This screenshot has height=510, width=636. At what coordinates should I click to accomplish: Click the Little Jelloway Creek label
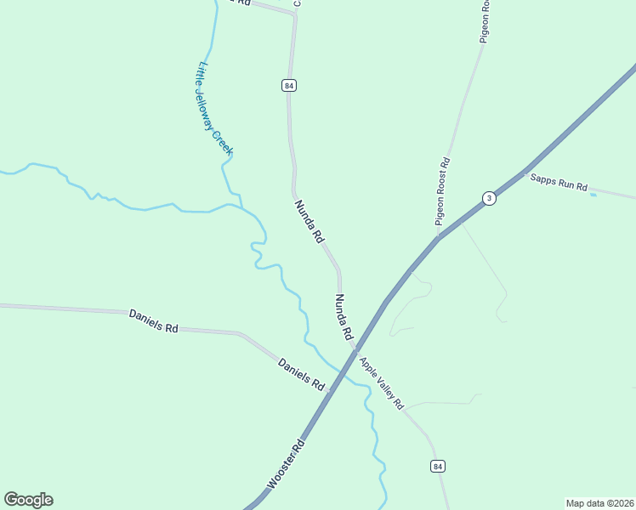click(215, 108)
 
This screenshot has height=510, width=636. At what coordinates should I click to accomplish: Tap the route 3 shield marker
click(488, 198)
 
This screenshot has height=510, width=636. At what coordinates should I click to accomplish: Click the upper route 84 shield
click(289, 85)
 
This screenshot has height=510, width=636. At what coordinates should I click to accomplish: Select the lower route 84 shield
click(437, 466)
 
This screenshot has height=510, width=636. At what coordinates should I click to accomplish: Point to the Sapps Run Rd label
click(559, 183)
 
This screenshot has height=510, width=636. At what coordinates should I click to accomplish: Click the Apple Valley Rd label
click(381, 384)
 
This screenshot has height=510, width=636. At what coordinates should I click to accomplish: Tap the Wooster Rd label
click(286, 464)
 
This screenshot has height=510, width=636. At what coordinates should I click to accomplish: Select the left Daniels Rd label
click(153, 320)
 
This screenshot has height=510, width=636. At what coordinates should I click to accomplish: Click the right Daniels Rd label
click(302, 374)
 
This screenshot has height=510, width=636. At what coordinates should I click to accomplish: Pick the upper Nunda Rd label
click(309, 222)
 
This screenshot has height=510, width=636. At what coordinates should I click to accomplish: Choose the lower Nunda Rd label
click(344, 317)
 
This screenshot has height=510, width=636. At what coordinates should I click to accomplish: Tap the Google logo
click(28, 500)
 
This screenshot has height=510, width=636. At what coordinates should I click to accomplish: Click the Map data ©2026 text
click(599, 502)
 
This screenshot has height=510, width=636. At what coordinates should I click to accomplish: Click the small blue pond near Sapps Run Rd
click(593, 195)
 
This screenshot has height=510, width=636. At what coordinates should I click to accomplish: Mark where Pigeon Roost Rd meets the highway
click(437, 238)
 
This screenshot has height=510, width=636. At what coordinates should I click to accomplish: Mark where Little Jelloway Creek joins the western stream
click(242, 207)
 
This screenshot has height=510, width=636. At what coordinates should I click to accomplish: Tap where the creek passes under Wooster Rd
click(342, 372)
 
